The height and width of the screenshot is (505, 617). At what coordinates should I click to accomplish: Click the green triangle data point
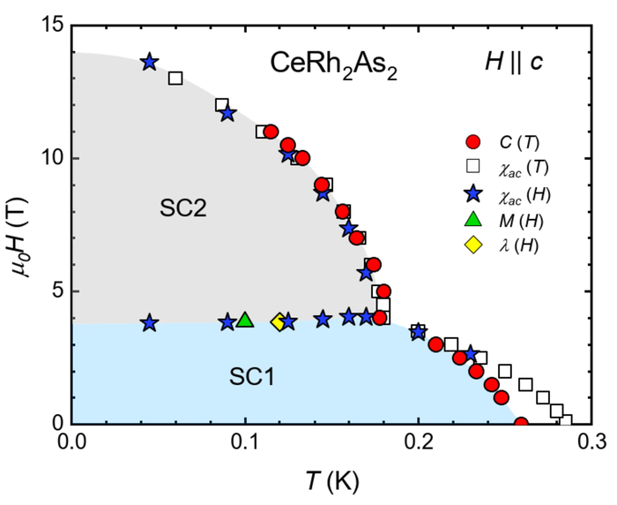(x=245, y=320)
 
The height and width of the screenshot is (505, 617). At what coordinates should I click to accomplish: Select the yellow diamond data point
(x=280, y=322)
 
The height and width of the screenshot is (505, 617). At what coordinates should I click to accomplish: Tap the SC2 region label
(x=183, y=208)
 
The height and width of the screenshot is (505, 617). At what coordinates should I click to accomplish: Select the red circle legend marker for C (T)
(x=473, y=141)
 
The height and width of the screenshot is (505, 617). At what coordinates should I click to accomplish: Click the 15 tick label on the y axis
(x=49, y=26)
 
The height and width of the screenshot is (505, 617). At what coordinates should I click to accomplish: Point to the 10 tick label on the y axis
(x=49, y=158)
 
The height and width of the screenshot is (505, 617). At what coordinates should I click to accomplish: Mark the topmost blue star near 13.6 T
(x=149, y=62)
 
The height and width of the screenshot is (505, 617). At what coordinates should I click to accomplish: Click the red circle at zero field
(x=521, y=424)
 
